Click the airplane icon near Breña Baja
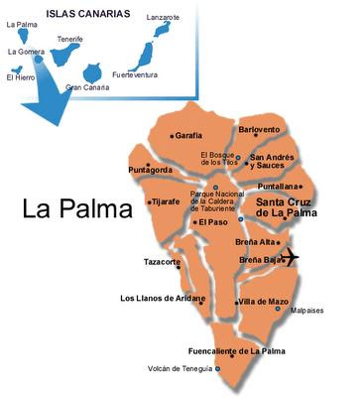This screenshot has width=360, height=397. (x=289, y=257)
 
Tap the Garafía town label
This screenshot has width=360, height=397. (x=188, y=135)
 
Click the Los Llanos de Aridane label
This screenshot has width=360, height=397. (x=163, y=298)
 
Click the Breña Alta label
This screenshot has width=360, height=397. (x=255, y=242)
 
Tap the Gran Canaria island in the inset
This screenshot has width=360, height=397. (x=94, y=72)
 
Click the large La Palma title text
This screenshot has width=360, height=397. (x=76, y=210)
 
